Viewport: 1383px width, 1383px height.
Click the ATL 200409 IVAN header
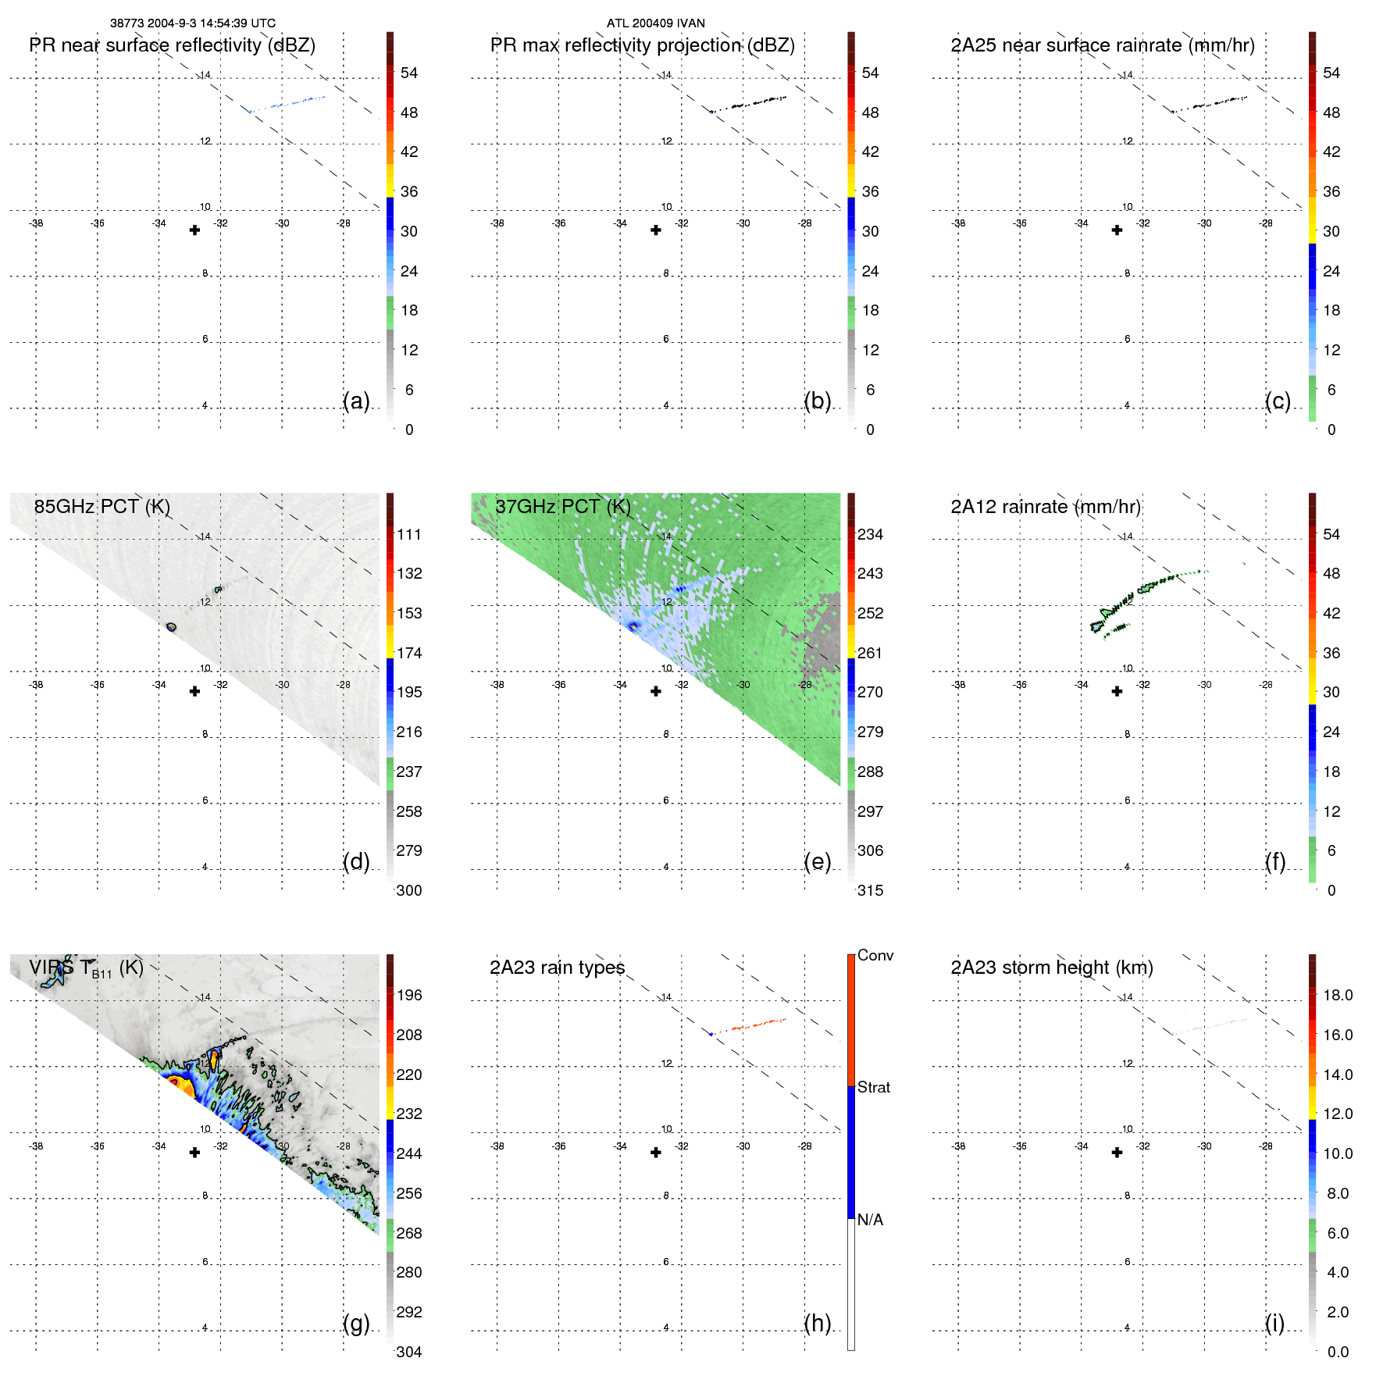point(655,23)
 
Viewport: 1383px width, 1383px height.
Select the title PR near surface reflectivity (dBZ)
point(172,45)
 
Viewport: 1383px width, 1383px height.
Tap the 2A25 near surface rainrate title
point(1102,45)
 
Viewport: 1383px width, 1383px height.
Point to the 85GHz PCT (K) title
point(102,507)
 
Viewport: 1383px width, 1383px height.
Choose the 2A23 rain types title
point(557,968)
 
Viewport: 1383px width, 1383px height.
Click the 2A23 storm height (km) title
point(1051,968)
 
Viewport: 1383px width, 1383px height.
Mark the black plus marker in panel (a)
point(194,230)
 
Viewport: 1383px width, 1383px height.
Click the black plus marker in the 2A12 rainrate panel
point(1117,691)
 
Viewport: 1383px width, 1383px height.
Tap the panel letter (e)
point(817,861)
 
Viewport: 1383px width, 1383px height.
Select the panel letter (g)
point(356,1323)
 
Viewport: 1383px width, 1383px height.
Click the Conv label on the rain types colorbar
point(875,955)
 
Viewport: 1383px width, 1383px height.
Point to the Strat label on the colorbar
point(873,1087)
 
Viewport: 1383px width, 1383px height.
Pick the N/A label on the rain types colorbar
point(870,1220)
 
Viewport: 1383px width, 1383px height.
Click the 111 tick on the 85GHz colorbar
point(408,534)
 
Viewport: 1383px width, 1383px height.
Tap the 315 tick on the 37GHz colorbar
point(870,890)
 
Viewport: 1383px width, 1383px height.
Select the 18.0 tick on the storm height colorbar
point(1337,995)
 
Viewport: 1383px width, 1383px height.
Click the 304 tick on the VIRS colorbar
point(408,1352)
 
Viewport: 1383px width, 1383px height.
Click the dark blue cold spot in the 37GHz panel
point(633,625)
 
